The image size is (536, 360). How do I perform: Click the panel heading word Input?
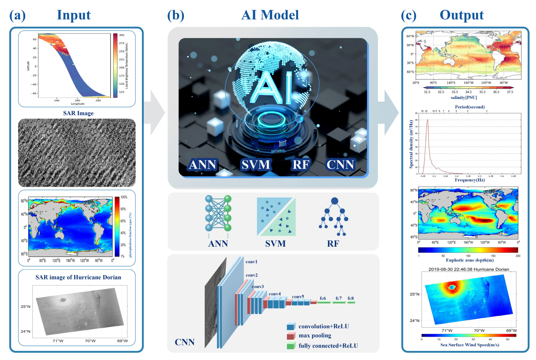click(74, 15)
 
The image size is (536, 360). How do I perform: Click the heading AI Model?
click(270, 15)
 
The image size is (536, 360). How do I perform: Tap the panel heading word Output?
click(461, 15)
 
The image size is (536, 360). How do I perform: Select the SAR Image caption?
click(78, 113)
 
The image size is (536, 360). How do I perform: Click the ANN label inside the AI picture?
click(203, 165)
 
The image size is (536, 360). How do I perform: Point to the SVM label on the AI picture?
click(256, 165)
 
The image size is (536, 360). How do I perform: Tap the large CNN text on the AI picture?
click(340, 165)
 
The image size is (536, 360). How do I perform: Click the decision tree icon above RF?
click(334, 217)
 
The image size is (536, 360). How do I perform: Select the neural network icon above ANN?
click(218, 213)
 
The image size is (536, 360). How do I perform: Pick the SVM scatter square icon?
click(276, 217)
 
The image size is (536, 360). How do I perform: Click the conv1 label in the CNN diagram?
click(251, 262)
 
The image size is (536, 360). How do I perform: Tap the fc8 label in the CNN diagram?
click(351, 298)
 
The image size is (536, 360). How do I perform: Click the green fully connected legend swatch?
click(291, 346)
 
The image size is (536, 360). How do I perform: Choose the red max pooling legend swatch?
click(291, 336)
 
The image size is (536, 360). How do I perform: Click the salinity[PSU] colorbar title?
click(464, 98)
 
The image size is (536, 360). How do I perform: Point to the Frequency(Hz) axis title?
click(470, 180)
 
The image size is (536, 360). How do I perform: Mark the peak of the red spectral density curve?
click(427, 120)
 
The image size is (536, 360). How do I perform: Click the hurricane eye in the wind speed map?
click(452, 287)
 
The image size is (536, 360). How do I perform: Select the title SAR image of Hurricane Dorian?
click(78, 277)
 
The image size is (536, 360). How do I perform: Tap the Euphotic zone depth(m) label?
click(470, 260)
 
